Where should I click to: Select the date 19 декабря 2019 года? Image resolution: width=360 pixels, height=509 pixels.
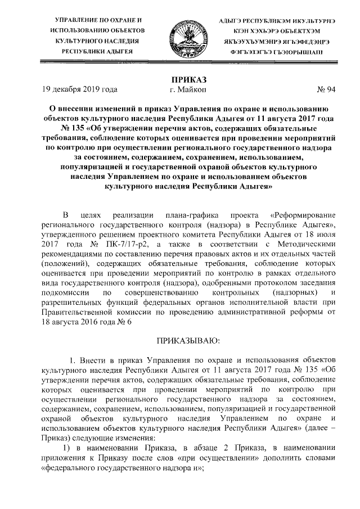[80, 89]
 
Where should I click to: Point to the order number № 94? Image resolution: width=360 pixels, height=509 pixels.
[326, 89]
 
